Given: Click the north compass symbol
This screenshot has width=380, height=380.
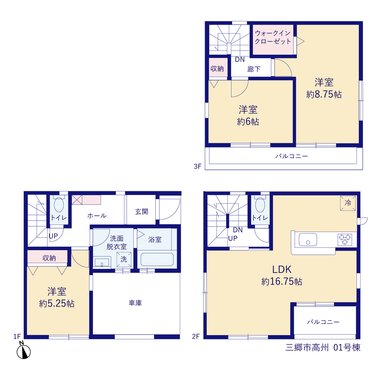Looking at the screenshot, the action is (x=24, y=351).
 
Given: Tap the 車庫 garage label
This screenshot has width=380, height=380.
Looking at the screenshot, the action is (x=135, y=303).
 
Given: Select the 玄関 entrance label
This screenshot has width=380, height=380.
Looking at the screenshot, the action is (x=142, y=212).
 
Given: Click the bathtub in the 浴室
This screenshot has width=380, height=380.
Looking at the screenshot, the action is (x=157, y=259).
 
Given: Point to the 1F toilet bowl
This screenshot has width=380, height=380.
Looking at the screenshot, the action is (x=58, y=205).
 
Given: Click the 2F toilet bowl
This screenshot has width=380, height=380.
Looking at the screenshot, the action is (x=260, y=205).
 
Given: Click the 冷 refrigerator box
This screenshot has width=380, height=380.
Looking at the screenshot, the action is (x=348, y=203).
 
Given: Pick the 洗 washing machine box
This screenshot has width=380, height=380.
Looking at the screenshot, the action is (x=124, y=259).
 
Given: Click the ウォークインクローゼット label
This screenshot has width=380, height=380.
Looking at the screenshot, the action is (x=273, y=37).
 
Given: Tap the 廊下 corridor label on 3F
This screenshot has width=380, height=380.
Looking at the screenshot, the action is (x=254, y=69).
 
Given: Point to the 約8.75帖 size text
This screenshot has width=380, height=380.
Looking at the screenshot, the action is (x=324, y=94).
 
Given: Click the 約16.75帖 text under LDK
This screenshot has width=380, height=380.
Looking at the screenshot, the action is (x=282, y=281).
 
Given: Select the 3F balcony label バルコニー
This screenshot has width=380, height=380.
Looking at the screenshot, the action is (x=292, y=156).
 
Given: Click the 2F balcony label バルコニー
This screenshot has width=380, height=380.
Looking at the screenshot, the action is (x=323, y=322).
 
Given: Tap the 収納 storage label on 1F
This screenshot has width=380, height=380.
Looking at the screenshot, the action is (x=49, y=258).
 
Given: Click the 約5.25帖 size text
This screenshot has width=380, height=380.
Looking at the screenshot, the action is (x=57, y=304).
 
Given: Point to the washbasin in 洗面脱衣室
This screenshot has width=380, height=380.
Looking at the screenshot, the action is (x=102, y=262).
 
